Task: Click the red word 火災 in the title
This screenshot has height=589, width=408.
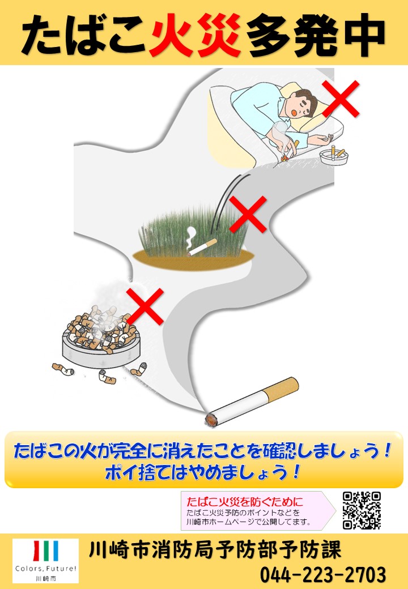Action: (195, 35)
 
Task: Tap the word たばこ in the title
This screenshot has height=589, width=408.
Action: (83, 36)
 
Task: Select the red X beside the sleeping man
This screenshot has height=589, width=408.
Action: (341, 99)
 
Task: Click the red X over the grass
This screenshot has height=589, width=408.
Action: (248, 215)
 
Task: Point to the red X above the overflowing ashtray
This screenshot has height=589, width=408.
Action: (145, 306)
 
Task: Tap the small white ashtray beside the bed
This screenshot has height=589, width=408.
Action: (334, 156)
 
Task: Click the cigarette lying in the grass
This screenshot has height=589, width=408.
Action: (202, 247)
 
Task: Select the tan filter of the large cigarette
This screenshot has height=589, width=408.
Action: (280, 390)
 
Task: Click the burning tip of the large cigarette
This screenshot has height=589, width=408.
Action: (211, 419)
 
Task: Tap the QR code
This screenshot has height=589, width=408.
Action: (362, 510)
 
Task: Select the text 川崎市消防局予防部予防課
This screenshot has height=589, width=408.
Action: (215, 550)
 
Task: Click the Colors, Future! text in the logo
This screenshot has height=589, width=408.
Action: (45, 569)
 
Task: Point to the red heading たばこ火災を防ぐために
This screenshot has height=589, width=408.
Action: (245, 501)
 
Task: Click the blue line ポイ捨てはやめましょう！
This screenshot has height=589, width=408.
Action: (203, 472)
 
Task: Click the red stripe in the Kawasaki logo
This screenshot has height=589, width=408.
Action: (37, 550)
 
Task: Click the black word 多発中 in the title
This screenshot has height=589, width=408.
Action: (316, 36)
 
